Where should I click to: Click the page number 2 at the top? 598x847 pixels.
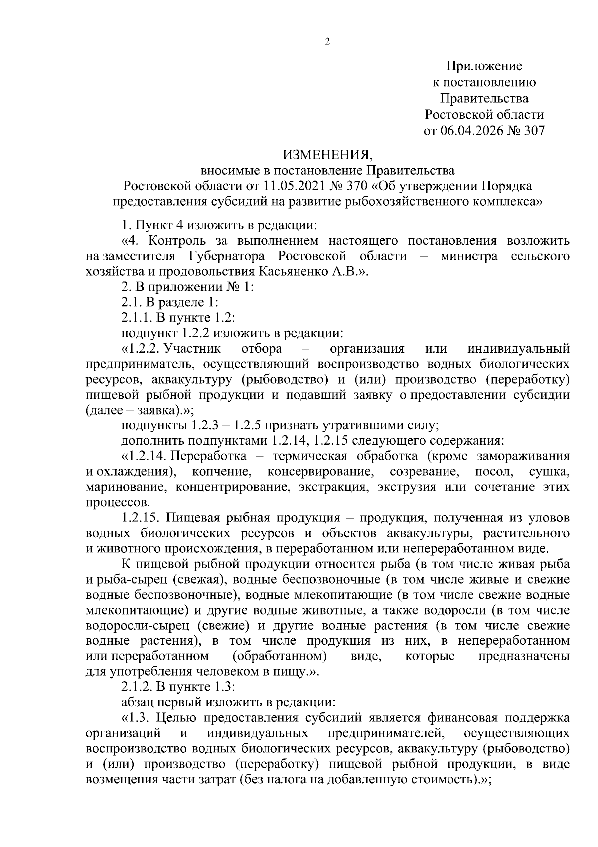(327, 42)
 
